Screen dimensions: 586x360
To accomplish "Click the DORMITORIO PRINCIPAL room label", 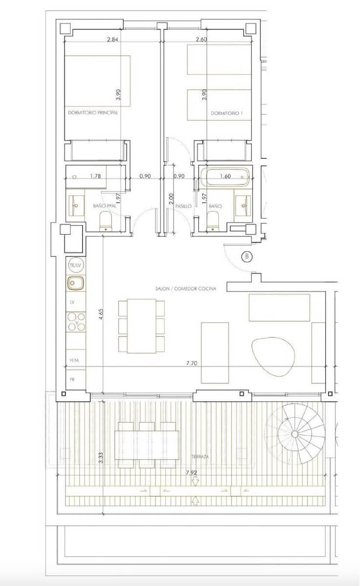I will pos(93,112).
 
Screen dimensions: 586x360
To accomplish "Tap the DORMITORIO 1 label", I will pos(227,113).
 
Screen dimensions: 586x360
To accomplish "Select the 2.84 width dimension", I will pos(113,40).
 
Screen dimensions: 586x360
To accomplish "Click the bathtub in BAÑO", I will pos(226,177).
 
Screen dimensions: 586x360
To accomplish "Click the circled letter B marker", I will pos(247,256).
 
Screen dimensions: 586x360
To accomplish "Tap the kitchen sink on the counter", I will pos(76,282).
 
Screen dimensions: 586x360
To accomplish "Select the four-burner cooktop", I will pos(76,322).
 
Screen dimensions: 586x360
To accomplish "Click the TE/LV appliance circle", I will pos(75,265).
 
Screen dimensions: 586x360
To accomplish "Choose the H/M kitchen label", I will pos(74,360).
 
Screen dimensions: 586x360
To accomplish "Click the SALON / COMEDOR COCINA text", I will pos(186,289).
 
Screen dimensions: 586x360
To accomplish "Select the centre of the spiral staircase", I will pos(295,434).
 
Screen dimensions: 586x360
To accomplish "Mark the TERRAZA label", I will pos(200,456).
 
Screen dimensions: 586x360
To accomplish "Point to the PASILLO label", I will pos(183,207).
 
